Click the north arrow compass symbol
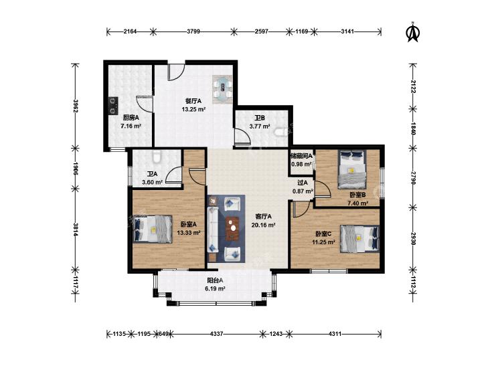point(413,32)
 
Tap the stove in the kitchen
point(113,106)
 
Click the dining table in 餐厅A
point(223,89)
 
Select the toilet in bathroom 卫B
point(280,132)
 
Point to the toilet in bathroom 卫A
point(157,156)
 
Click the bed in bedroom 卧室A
point(153,229)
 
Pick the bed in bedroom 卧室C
point(360,238)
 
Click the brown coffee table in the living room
point(232,229)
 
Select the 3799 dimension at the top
point(193,31)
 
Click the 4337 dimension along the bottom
point(217,334)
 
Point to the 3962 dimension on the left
point(75,106)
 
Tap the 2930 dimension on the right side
point(412,238)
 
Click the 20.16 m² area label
point(263,225)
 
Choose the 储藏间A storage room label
point(302,156)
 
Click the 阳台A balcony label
point(215,280)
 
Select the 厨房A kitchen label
point(131,118)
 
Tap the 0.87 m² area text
point(303,191)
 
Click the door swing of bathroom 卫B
point(242,136)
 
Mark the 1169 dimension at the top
point(302,31)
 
